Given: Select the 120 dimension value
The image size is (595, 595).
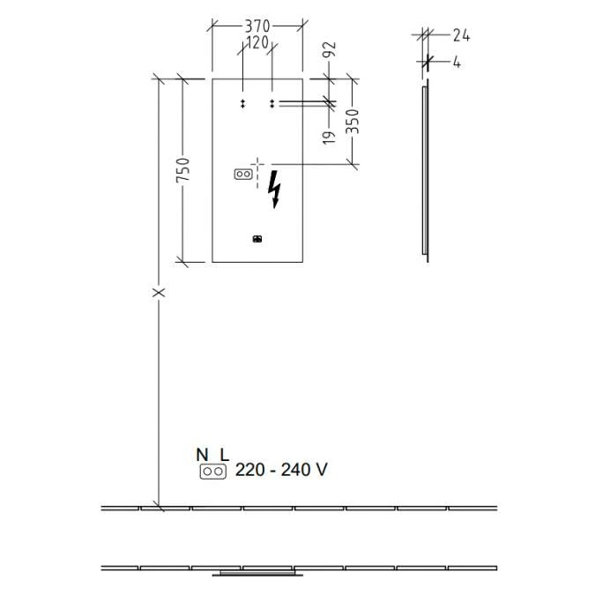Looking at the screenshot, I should [x=257, y=41].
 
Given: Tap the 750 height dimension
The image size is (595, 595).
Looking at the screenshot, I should [x=182, y=171].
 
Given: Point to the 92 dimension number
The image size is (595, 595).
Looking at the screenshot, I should [x=332, y=49].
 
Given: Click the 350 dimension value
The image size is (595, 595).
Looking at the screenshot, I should [x=353, y=121].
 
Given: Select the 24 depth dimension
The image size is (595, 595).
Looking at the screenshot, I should [x=461, y=35].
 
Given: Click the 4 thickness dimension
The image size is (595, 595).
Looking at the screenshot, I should [x=457, y=63].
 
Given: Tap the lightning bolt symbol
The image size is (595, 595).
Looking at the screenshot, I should [x=277, y=188].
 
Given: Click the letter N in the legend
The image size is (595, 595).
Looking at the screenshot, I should [x=202, y=455].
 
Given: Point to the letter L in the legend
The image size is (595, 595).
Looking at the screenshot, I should [x=224, y=455].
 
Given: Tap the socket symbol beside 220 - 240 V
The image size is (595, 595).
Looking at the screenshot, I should [x=212, y=472].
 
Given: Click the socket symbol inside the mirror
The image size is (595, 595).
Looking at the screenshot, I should [x=242, y=174].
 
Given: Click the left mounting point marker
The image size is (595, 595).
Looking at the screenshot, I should [x=242, y=104].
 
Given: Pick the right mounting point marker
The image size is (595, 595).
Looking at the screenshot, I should [x=271, y=104].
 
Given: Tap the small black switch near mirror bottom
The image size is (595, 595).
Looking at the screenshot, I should [x=257, y=238].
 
